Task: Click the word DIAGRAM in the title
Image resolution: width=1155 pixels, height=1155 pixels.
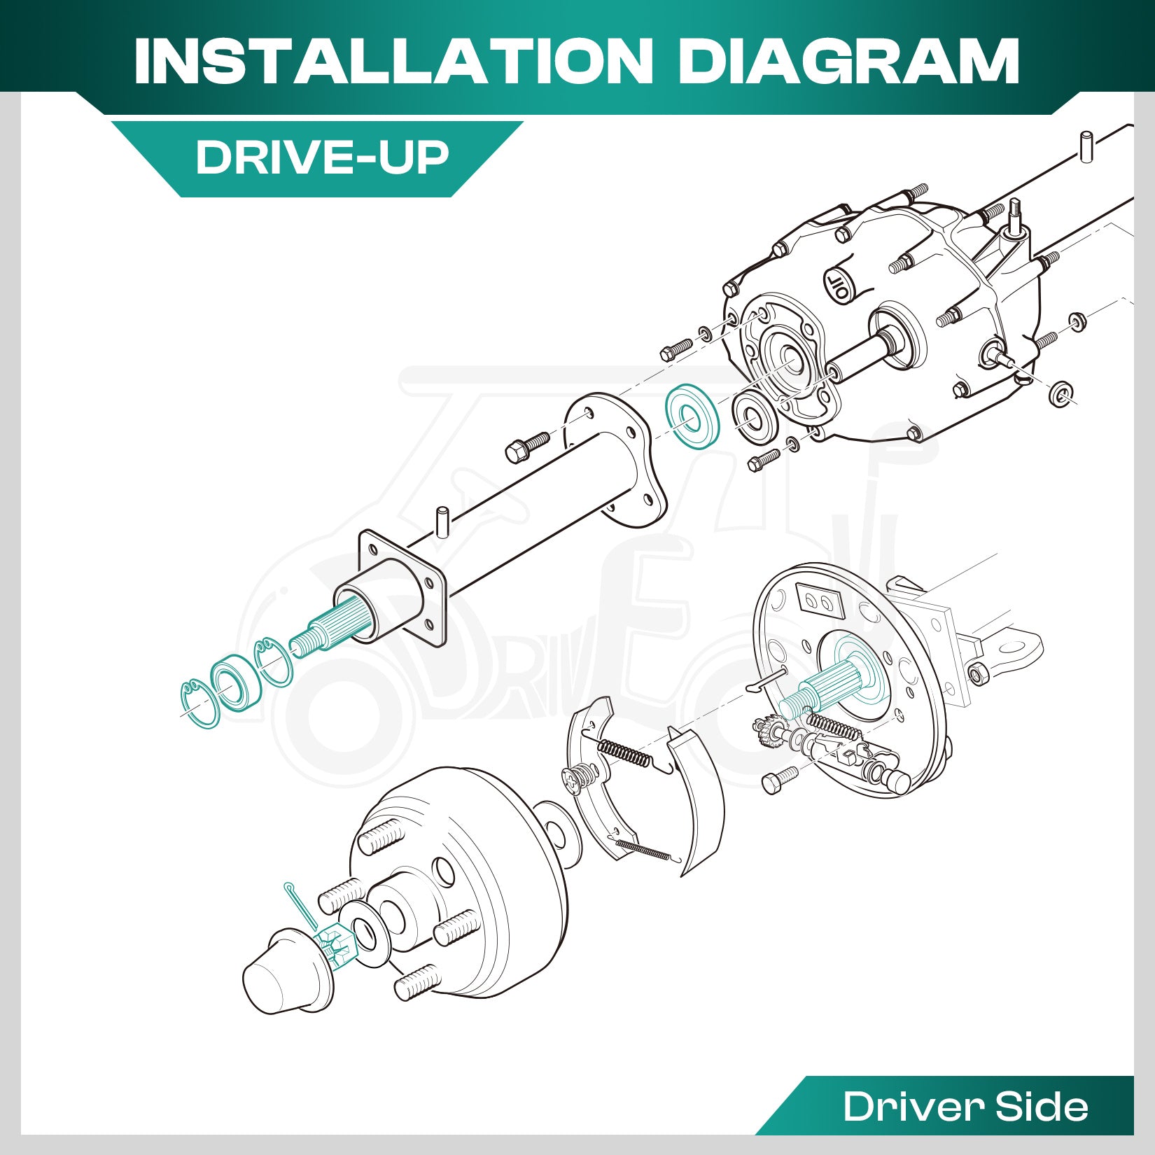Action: click(x=849, y=61)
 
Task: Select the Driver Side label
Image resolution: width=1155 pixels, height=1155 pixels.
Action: click(x=965, y=1106)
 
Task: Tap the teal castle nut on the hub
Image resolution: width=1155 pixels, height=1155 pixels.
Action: click(x=335, y=947)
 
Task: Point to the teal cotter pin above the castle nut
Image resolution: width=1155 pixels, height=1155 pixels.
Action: click(x=301, y=906)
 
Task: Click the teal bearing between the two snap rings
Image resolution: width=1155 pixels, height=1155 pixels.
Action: click(x=236, y=681)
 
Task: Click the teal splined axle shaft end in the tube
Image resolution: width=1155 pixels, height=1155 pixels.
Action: click(x=323, y=629)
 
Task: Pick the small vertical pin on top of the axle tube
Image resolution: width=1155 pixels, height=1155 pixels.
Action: click(x=442, y=522)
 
